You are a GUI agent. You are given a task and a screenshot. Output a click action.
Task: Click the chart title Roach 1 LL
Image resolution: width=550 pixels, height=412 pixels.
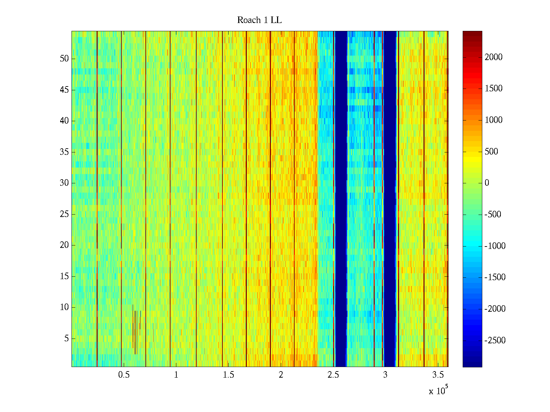(x=259, y=20)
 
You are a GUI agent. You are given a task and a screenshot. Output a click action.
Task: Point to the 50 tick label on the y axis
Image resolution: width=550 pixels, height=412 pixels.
(x=64, y=58)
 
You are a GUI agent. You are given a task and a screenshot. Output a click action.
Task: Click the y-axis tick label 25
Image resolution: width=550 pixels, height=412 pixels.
(x=64, y=214)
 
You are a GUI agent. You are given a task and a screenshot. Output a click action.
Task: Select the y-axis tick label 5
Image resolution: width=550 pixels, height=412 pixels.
(x=66, y=339)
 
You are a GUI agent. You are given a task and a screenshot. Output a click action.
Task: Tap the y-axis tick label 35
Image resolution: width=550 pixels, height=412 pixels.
(x=64, y=152)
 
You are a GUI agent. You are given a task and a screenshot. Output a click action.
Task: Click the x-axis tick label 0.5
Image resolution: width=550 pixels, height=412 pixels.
(x=124, y=375)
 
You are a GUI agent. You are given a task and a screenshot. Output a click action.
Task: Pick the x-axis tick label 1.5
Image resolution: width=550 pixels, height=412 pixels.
(x=228, y=375)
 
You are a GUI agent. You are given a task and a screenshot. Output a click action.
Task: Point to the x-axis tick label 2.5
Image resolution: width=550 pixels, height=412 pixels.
(x=333, y=375)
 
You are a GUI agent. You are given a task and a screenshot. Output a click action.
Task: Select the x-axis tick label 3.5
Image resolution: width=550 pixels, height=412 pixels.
(x=438, y=375)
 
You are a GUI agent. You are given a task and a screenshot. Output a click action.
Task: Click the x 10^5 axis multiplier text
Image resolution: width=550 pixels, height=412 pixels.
(x=438, y=390)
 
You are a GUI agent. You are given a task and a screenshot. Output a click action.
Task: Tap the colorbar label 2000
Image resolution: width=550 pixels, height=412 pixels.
(x=494, y=57)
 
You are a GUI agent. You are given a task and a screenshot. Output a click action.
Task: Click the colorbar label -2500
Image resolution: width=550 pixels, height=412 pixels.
(x=495, y=340)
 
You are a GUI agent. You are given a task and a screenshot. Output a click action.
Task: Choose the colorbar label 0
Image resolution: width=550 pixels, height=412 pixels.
(x=487, y=183)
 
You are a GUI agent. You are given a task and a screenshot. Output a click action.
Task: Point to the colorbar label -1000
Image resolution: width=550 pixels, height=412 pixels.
(x=495, y=246)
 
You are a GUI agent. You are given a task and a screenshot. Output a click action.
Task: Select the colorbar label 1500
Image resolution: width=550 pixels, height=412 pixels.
(x=494, y=89)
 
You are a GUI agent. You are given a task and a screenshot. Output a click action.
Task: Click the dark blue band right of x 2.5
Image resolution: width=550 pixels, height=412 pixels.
(x=341, y=199)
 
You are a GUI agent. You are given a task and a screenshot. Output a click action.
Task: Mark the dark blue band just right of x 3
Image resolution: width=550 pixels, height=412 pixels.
(x=390, y=199)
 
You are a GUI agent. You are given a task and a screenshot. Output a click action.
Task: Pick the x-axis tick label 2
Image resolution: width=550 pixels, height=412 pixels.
(x=281, y=375)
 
